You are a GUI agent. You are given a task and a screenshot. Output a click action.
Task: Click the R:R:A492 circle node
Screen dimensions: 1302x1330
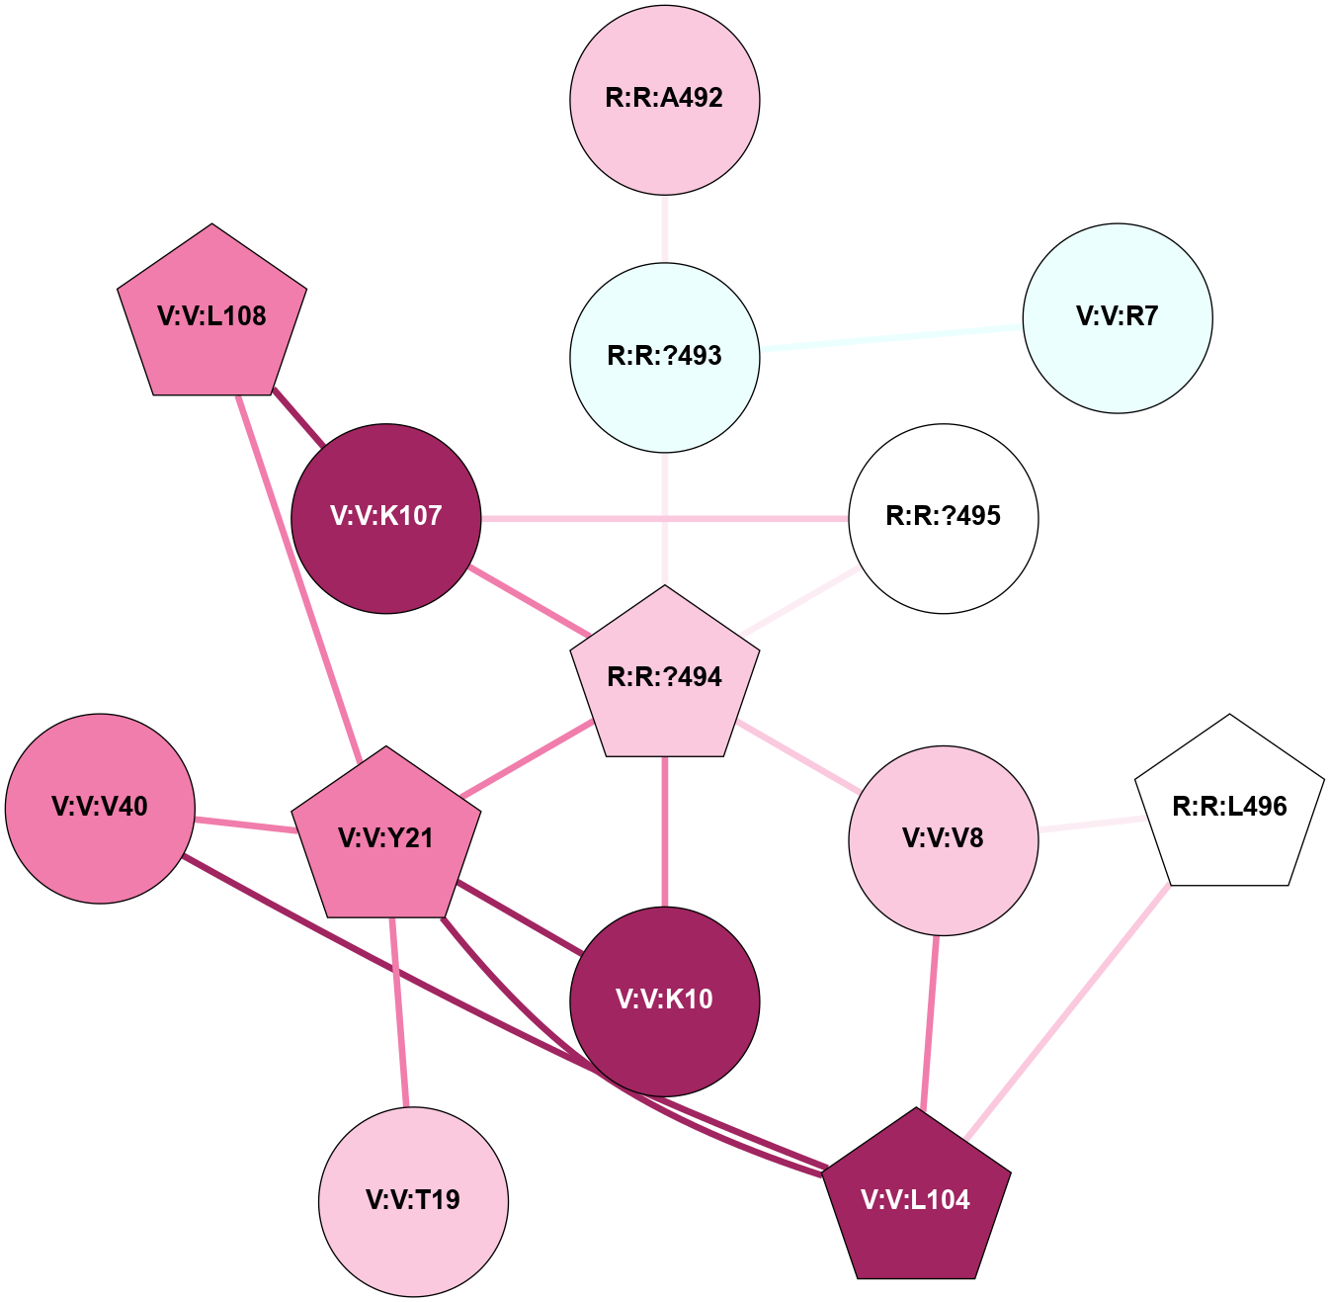tap(665, 99)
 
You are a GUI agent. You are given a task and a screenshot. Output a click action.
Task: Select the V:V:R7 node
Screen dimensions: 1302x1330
tap(1117, 317)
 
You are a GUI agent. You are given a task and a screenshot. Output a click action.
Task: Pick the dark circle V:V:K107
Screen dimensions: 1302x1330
tap(386, 518)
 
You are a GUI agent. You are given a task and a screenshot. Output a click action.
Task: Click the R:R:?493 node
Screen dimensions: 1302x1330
tap(665, 357)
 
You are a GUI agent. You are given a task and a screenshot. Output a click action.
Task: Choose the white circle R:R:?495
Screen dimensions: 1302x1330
tap(943, 518)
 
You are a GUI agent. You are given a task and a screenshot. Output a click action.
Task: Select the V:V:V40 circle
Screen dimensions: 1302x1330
tap(100, 808)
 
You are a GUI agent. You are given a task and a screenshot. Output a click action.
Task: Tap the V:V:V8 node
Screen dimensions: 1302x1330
tap(943, 839)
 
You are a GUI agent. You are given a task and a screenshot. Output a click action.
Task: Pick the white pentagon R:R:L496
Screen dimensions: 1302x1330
tap(1229, 807)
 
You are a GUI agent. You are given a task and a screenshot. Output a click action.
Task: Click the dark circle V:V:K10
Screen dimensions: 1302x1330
tap(665, 1000)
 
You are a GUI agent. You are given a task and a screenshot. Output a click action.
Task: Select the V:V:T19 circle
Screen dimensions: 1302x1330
tap(413, 1200)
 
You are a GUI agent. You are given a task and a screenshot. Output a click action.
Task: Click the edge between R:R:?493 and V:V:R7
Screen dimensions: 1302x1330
tap(890, 337)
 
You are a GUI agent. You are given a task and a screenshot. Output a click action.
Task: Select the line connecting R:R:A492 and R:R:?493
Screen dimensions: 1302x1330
tap(665, 228)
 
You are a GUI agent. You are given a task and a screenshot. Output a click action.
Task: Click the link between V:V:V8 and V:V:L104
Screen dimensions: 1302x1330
tap(930, 1021)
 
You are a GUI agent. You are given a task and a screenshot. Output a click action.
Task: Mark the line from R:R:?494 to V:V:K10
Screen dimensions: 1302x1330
tap(665, 830)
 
